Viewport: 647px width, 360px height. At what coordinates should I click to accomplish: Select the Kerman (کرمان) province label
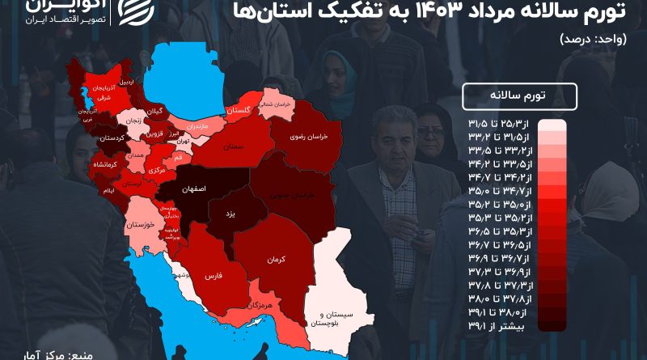tap(278, 259)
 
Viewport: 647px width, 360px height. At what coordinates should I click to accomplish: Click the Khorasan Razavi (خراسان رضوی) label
tap(307, 138)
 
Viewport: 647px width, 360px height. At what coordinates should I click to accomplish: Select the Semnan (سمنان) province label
tap(235, 147)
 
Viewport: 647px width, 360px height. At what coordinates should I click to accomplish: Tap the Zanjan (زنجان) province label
tap(131, 121)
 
